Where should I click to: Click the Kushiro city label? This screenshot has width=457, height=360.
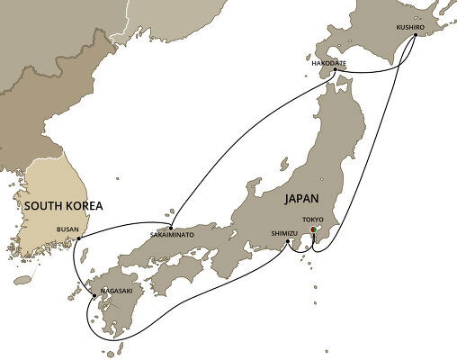click(x=410, y=27)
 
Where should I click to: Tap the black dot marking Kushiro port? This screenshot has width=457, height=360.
click(x=416, y=37)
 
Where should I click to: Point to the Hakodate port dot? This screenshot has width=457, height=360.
click(x=334, y=70)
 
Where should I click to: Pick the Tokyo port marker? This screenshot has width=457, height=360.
click(x=313, y=230)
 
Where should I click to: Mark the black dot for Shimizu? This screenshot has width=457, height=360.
click(x=289, y=241)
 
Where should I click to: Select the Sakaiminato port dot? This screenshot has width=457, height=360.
click(x=170, y=224)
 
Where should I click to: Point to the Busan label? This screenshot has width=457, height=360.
click(x=67, y=229)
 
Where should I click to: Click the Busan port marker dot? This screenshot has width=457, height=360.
click(x=79, y=238)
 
